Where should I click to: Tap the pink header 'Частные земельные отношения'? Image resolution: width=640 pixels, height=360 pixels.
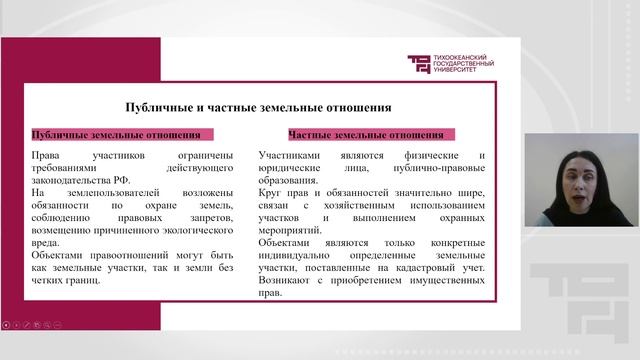(x=365, y=133)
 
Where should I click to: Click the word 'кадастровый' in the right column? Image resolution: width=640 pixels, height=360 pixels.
(x=413, y=267)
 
